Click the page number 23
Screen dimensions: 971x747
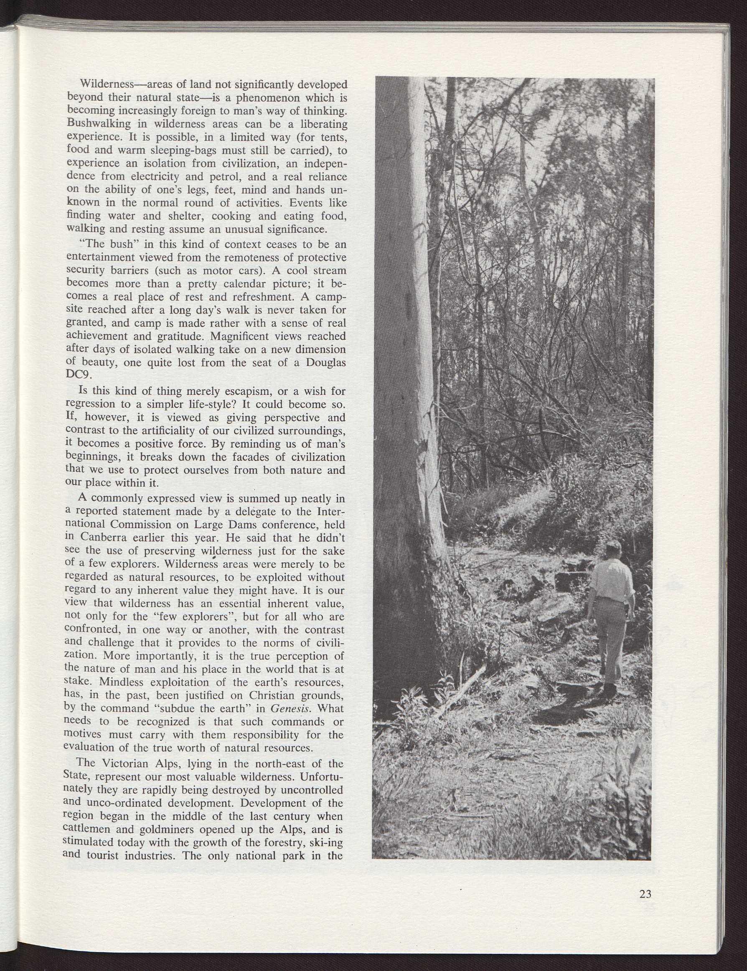645,894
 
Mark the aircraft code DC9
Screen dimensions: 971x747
77,374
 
